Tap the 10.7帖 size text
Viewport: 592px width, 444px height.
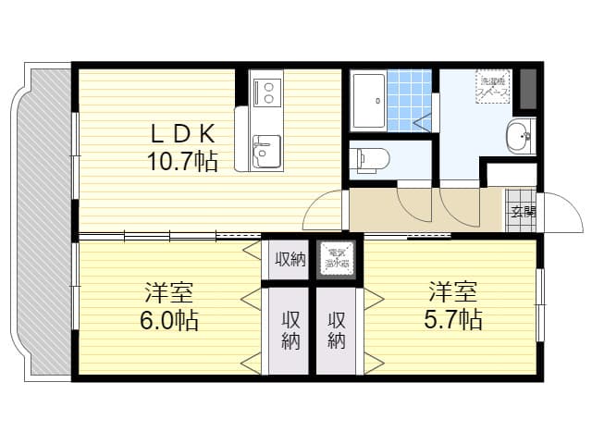point(181,162)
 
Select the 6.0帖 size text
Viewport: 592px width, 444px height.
point(169,321)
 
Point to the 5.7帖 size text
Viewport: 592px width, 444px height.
point(452,320)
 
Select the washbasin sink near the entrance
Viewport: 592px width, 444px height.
point(520,138)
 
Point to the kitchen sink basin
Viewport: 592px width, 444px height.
point(266,149)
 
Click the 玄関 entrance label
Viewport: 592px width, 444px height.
point(522,211)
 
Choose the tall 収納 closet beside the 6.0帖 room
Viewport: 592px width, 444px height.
point(290,329)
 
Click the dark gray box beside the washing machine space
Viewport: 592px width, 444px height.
point(528,88)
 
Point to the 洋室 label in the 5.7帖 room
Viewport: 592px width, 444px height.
point(452,292)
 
